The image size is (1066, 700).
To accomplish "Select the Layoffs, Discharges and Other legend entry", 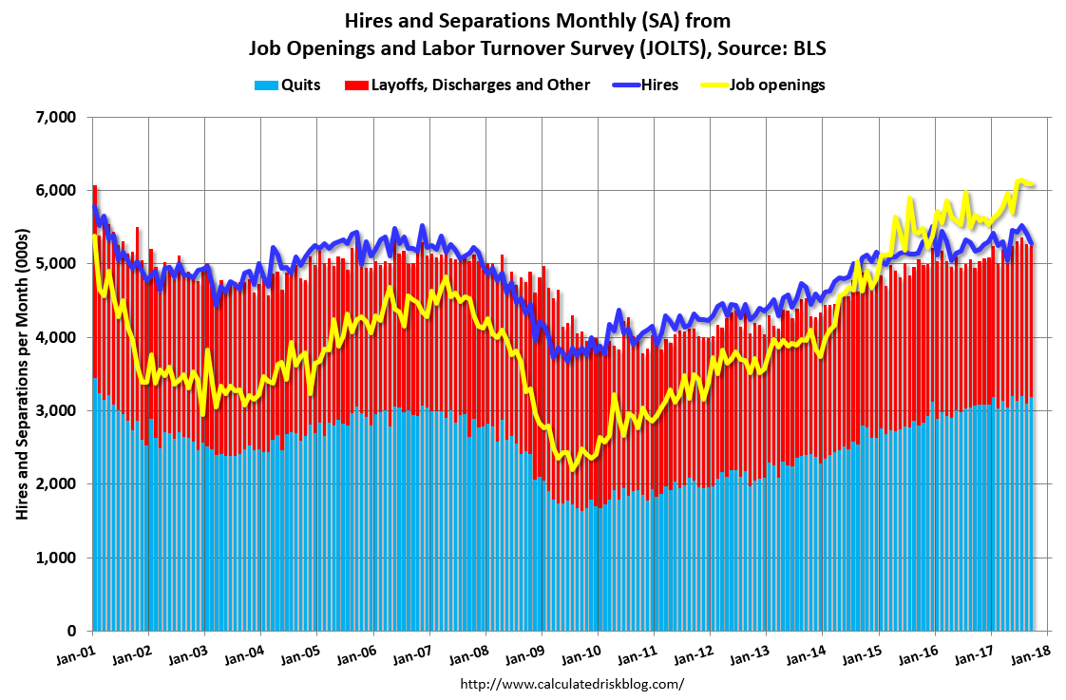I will pyautogui.click(x=480, y=85).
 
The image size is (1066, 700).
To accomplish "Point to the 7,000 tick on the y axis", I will pyautogui.click(x=55, y=117).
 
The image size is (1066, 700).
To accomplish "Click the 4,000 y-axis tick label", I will pyautogui.click(x=55, y=337).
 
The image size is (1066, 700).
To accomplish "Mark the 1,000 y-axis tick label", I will pyautogui.click(x=55, y=558).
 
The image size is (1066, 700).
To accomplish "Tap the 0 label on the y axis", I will pyautogui.click(x=69, y=632).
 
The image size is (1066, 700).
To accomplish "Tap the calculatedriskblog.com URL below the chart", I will pyautogui.click(x=571, y=684).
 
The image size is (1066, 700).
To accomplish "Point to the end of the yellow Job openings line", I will pyautogui.click(x=1034, y=184).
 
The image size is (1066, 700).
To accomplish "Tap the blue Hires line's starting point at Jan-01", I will pyautogui.click(x=93, y=206).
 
